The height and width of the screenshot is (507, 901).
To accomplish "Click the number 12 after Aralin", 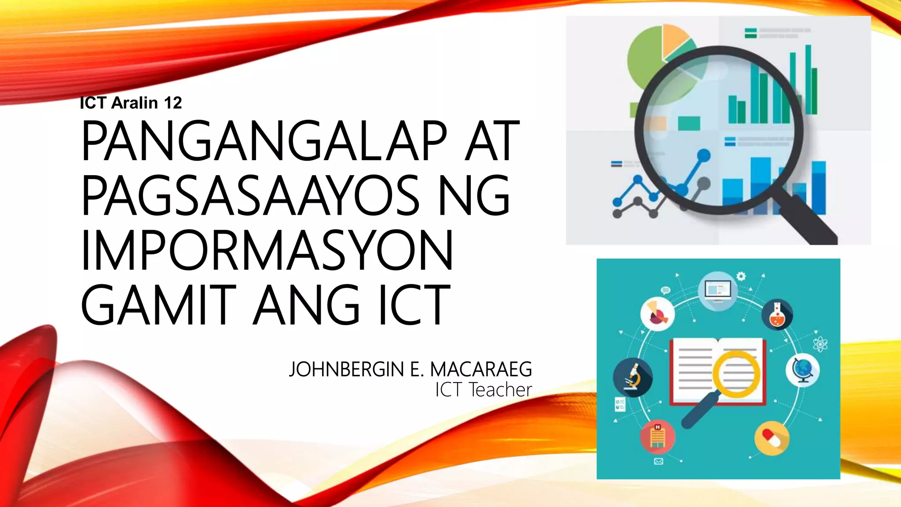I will point(173,103).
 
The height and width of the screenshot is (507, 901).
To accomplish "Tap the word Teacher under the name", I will point(500,390).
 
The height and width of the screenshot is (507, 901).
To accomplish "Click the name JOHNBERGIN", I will point(346,369).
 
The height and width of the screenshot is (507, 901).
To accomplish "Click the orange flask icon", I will point(777,315).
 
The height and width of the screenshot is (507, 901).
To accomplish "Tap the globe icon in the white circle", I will point(803,370).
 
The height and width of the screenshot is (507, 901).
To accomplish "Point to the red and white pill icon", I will point(771,437).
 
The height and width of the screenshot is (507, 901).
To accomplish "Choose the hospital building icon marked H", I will point(657,436).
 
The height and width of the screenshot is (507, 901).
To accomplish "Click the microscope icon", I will point(633,377).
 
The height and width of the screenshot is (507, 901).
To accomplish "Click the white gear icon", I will point(741,276).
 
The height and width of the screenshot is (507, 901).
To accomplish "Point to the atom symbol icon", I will point(820,344).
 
